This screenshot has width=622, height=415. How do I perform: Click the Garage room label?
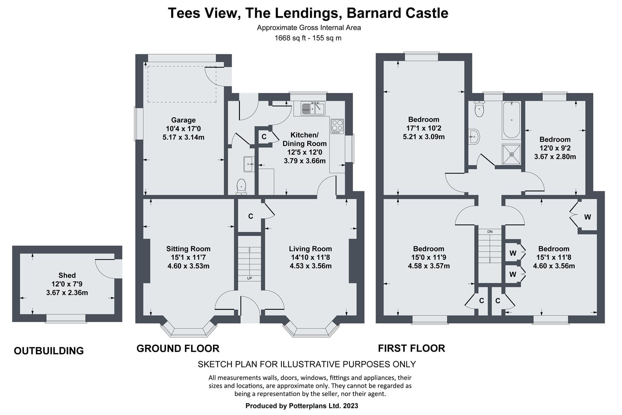(183, 120)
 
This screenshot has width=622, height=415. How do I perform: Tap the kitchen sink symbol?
(313, 108)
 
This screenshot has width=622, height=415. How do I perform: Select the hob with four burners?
(337, 126)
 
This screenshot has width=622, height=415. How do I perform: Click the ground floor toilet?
(241, 186)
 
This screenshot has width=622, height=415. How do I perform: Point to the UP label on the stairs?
(249, 278)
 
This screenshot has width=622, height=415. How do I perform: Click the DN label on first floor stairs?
(490, 231)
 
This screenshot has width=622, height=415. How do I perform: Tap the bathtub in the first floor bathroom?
(512, 120)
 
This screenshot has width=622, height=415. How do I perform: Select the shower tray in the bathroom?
(512, 154)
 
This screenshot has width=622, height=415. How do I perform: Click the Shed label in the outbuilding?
(67, 276)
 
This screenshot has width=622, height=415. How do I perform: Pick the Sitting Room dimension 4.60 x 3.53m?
(188, 266)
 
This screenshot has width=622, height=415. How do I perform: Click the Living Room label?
(311, 249)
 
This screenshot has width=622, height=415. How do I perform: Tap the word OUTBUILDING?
(49, 351)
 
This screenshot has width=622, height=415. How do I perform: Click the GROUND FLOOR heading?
(178, 349)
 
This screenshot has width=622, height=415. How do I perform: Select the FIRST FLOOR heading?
(411, 349)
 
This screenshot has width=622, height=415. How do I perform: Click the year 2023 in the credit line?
(351, 406)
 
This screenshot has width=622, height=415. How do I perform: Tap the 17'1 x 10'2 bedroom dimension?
(424, 128)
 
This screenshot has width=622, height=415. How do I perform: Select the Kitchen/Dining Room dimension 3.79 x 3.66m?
(304, 161)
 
